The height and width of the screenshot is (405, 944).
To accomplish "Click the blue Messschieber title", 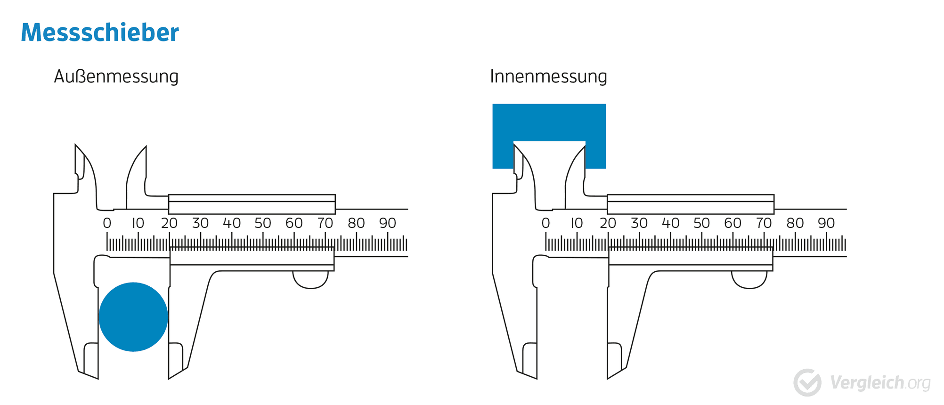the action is coord(100,32).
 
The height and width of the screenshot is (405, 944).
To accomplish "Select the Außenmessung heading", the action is coord(116,76).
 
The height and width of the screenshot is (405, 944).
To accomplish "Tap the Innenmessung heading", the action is coord(548,76).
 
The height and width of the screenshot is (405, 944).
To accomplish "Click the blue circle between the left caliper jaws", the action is coord(133,317).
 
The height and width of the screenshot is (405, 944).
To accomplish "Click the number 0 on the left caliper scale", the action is coord(107,223).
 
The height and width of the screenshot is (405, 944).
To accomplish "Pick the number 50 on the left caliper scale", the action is coord(263,223).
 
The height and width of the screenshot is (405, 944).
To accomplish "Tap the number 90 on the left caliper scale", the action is coord(388,223).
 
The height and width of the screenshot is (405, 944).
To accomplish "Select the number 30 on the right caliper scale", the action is coord(639,223).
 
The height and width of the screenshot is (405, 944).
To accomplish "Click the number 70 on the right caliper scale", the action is coord(764,223).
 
